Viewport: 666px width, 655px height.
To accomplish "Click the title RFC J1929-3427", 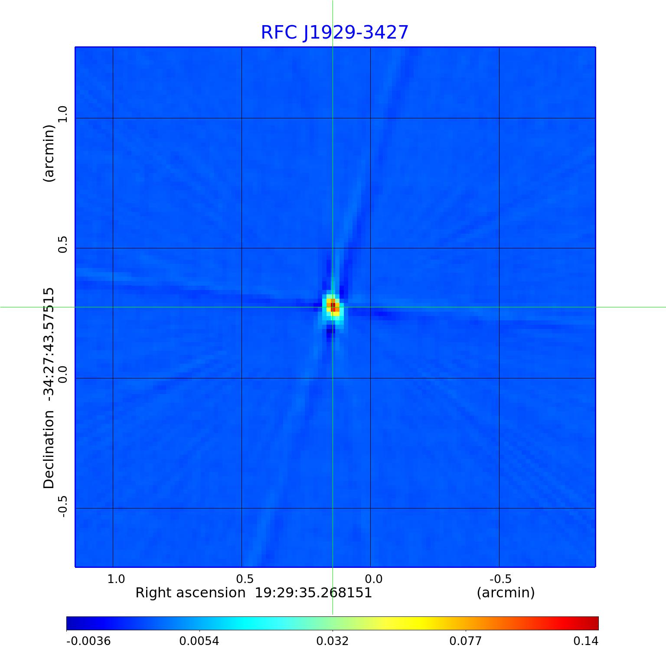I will (x=334, y=33).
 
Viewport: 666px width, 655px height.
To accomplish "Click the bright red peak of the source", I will (x=333, y=307).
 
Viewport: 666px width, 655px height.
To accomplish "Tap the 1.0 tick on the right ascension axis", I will (x=116, y=579).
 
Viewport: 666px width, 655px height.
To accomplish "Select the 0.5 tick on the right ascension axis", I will (x=245, y=579).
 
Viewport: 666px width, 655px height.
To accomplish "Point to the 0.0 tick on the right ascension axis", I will (x=373, y=579).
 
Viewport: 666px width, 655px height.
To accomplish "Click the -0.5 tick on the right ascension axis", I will (x=500, y=579).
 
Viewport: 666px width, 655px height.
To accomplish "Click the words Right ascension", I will (x=190, y=593).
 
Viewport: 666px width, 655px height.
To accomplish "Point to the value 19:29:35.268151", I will (x=313, y=593).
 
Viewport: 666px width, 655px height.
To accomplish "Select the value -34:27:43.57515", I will (x=49, y=344).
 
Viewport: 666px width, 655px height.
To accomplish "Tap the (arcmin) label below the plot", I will (x=506, y=593).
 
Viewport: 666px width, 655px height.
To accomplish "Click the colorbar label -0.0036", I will (x=88, y=641).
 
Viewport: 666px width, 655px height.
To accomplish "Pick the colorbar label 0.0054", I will (x=199, y=641).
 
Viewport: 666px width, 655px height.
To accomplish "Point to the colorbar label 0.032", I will (x=333, y=641).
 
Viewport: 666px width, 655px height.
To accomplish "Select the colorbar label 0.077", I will (x=465, y=641).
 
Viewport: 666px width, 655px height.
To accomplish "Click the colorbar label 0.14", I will (x=585, y=641).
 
